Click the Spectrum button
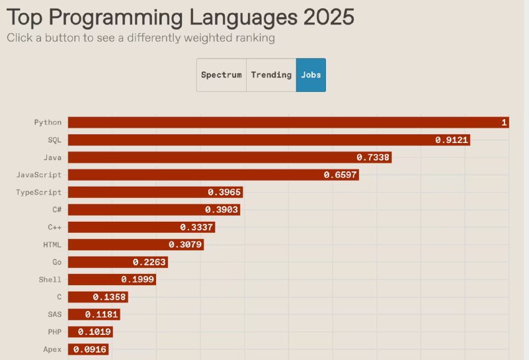pos(222,75)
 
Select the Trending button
pos(271,75)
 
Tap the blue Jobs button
pos(311,75)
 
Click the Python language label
pos(48,122)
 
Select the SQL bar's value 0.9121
pos(452,140)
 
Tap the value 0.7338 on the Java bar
pos(374,157)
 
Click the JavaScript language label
pos(39,175)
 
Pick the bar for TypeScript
pos(155,192)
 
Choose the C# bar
pos(153,209)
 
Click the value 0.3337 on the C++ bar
pos(196,227)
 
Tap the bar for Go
pos(118,262)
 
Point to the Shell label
pos(50,280)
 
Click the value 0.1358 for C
pos(110,297)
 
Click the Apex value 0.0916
pos(90,349)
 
